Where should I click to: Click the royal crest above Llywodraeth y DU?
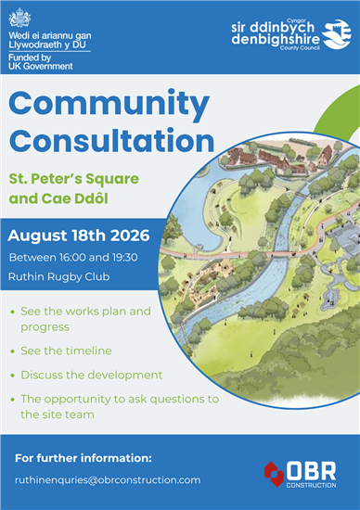[x=19, y=19]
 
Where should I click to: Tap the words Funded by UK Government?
[x=41, y=62]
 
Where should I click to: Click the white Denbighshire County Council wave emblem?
[x=337, y=34]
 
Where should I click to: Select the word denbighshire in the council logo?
[x=276, y=39]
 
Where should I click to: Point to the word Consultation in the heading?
[x=111, y=141]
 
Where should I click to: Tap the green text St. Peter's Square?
[x=74, y=179]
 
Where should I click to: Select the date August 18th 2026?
[x=79, y=236]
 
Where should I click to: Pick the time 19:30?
[x=124, y=257]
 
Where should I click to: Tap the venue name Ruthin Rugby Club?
[x=58, y=277]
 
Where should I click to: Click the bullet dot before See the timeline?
[x=13, y=351]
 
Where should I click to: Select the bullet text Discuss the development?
[x=92, y=375]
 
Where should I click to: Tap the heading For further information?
[x=84, y=458]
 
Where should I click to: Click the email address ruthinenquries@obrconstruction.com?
[x=108, y=480]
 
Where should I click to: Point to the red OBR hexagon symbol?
[x=274, y=474]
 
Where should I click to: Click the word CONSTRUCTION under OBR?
[x=311, y=485]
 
